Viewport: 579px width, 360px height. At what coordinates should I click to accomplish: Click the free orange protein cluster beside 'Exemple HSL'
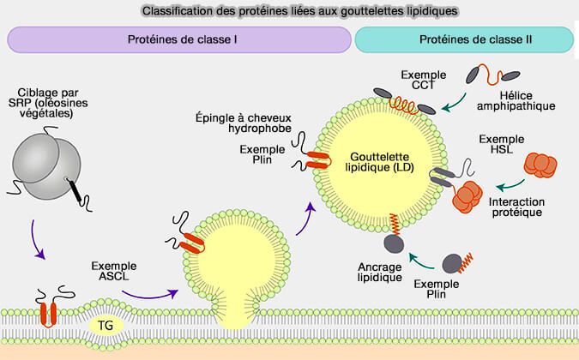point(541,165)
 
